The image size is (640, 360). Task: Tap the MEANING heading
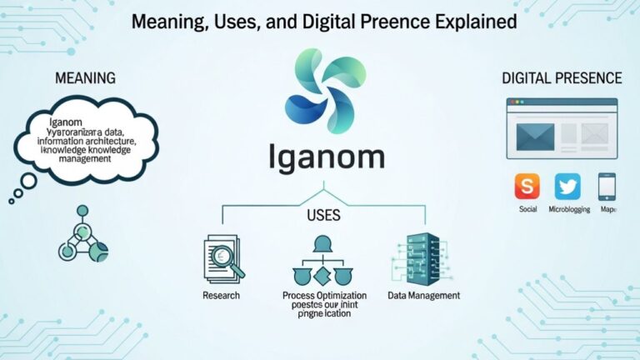point(85,78)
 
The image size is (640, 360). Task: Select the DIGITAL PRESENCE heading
point(562,78)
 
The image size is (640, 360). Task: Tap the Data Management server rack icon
point(419,257)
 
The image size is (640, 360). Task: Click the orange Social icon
point(527,185)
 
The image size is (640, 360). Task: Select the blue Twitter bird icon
point(567,185)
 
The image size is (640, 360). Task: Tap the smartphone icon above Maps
point(607,185)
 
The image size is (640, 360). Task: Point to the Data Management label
point(423,296)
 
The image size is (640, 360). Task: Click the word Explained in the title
point(471,22)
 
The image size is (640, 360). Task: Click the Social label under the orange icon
point(527,209)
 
